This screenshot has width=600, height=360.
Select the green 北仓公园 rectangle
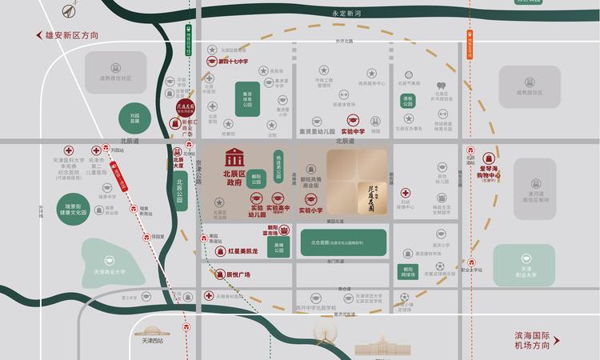[x=342, y=240]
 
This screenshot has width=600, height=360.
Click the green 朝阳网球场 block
[x=409, y=270]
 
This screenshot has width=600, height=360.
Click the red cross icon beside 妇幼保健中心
[x=406, y=193]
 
